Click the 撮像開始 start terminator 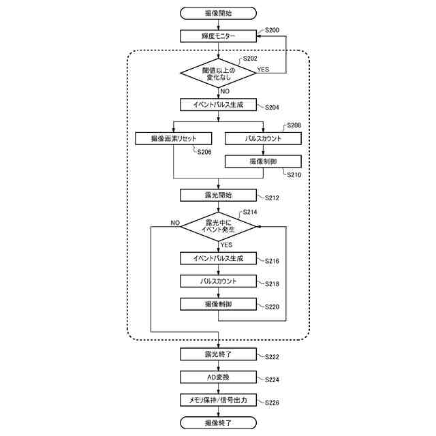click(x=218, y=14)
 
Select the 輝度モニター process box click(x=218, y=36)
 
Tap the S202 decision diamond click(x=218, y=73)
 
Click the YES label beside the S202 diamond click(x=263, y=69)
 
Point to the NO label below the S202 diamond click(x=225, y=91)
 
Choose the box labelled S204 click(x=218, y=105)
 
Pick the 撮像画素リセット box click(x=174, y=138)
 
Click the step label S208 click(x=294, y=125)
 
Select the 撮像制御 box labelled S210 click(x=263, y=161)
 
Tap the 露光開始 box click(x=218, y=196)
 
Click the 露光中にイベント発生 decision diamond click(x=218, y=227)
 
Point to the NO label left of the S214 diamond click(x=175, y=223)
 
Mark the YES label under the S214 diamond click(x=226, y=245)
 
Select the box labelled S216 click(x=218, y=258)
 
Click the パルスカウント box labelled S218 click(x=218, y=281)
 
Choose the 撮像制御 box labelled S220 click(x=218, y=305)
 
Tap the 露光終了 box click(x=218, y=354)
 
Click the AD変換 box click(x=218, y=377)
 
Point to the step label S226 click(x=272, y=403)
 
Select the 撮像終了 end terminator click(x=218, y=423)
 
